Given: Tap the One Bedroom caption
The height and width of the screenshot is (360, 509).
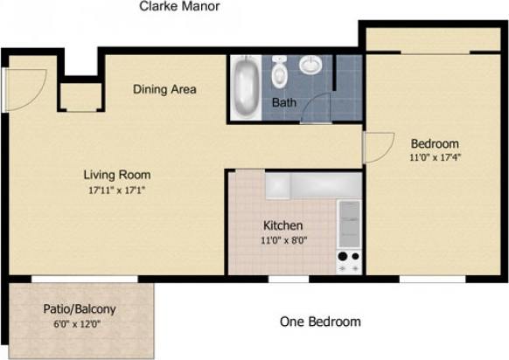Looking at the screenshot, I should [x=319, y=322].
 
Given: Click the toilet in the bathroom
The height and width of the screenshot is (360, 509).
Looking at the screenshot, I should [x=279, y=73].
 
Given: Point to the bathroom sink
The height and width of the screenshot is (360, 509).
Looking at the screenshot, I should [x=310, y=66].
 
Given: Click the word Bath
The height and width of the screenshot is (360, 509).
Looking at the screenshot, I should [x=283, y=103].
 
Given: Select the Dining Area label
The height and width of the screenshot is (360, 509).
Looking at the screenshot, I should [x=164, y=89].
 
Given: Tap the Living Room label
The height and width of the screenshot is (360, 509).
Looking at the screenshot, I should [x=115, y=173].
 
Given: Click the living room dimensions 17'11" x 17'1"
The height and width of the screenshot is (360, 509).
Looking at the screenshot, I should [x=115, y=189].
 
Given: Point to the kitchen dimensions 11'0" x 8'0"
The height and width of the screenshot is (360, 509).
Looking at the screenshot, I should [x=282, y=240].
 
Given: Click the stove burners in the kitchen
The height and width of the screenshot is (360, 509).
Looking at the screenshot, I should [x=349, y=261].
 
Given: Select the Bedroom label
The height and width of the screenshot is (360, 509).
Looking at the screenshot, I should [x=435, y=143].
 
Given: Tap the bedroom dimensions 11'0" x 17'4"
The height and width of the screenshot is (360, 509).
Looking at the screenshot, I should [x=435, y=158].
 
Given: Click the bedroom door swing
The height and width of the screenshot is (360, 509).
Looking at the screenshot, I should [x=377, y=147].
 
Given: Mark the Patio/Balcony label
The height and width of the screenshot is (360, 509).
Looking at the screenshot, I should [x=80, y=309].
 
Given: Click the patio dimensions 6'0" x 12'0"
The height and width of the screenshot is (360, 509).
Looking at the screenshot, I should [x=80, y=324].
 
